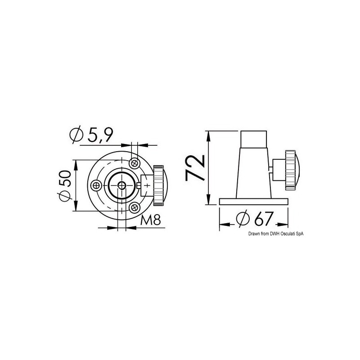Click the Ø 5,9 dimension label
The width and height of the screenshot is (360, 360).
click(91, 135)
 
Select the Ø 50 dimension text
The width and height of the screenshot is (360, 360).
click(65, 185)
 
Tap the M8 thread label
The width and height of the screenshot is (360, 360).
click(150, 220)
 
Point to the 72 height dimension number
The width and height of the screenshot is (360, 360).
click(195, 168)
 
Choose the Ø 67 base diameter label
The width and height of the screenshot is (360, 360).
click(255, 218)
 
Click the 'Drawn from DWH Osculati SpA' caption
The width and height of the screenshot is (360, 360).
click(276, 234)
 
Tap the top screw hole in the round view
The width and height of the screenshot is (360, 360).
click(134, 163)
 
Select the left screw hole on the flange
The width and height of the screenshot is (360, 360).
click(96, 185)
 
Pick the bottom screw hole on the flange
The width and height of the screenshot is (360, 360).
click(134, 208)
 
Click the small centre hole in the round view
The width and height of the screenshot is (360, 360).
click(121, 185)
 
